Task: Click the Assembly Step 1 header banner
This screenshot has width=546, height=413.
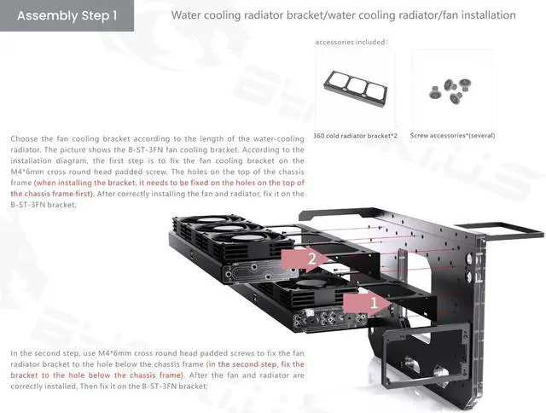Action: [x=67, y=15]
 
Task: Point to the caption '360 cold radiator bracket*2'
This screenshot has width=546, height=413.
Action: [x=356, y=136]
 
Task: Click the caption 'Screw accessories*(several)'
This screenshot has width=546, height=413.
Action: [x=452, y=136]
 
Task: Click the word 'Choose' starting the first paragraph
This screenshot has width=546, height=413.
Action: [x=22, y=138]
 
